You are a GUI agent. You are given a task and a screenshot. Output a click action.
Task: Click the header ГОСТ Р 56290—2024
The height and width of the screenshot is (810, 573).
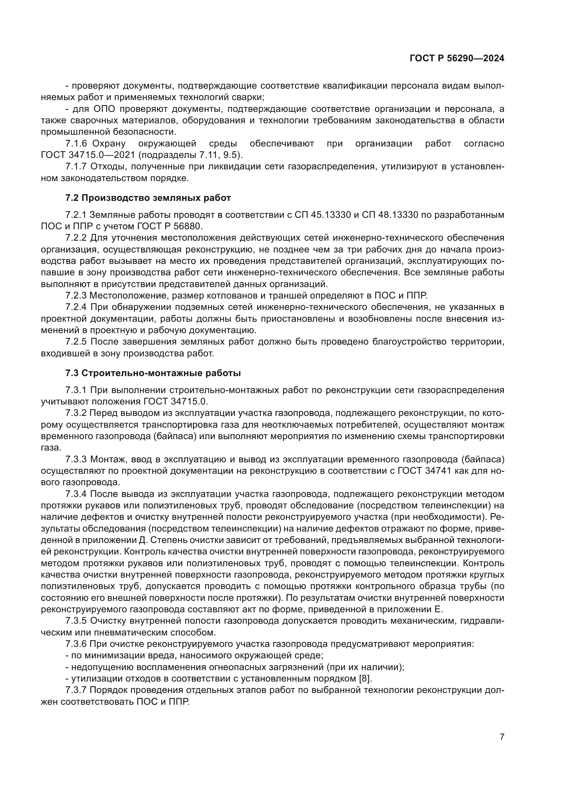(x=457, y=59)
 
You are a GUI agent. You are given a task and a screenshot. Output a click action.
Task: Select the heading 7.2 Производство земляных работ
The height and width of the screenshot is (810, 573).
(x=148, y=198)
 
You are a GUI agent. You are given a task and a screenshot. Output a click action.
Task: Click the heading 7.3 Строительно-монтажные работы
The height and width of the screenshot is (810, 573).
(x=153, y=373)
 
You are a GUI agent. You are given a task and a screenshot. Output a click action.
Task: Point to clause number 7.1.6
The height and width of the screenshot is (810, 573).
(x=76, y=144)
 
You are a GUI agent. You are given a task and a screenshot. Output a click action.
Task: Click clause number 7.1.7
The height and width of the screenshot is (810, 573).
(x=76, y=167)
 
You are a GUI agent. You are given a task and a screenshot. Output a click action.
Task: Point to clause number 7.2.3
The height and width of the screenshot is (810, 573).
(x=76, y=295)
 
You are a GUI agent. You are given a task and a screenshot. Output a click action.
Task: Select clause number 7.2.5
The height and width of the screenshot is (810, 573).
(x=76, y=342)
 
